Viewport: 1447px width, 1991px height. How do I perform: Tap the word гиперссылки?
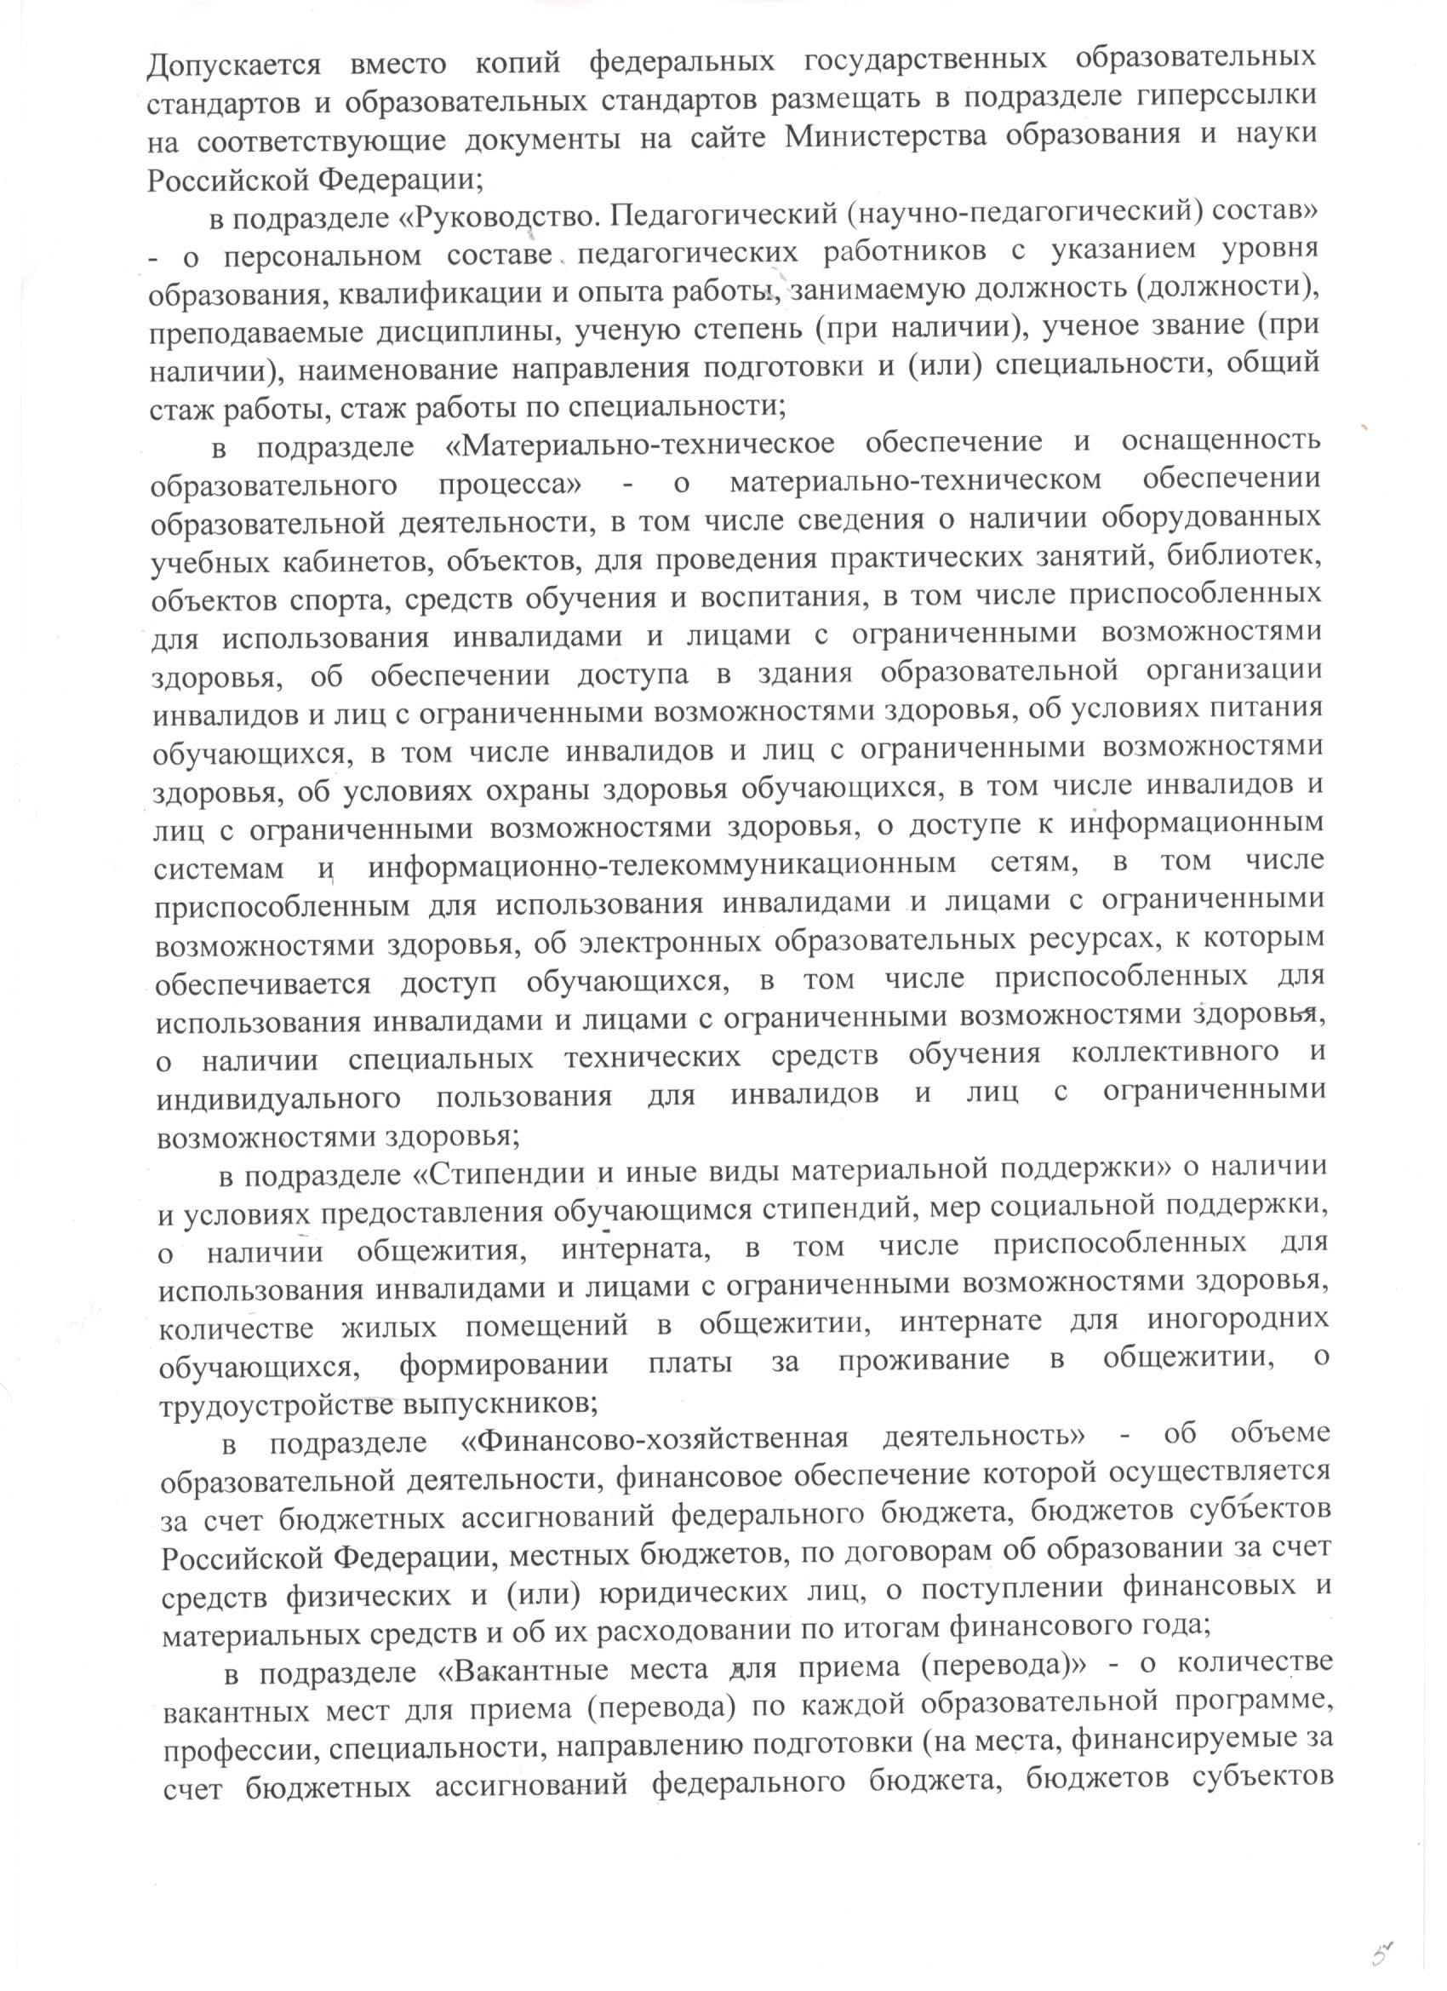click(1222, 98)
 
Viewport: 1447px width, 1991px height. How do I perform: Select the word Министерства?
click(887, 139)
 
